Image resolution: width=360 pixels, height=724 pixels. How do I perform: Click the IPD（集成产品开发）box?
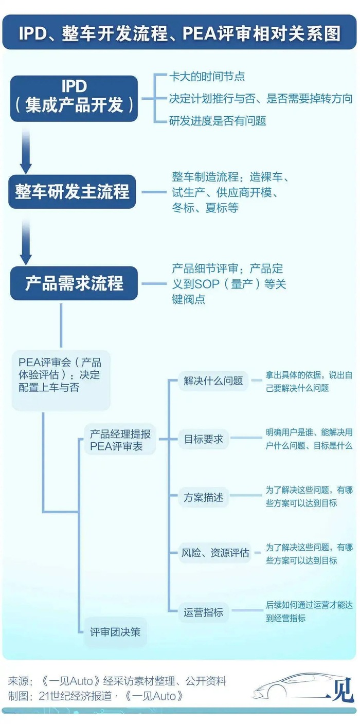click(x=74, y=99)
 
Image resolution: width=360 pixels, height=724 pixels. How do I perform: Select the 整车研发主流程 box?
click(x=72, y=192)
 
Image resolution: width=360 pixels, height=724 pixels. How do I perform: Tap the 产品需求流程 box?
click(x=74, y=283)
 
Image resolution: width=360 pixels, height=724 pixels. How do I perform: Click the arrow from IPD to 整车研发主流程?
click(x=26, y=151)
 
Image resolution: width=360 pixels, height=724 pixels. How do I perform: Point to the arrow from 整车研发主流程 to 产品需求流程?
click(x=26, y=242)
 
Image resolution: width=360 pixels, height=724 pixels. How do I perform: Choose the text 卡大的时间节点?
click(x=207, y=77)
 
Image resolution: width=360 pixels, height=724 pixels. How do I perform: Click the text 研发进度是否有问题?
click(x=218, y=121)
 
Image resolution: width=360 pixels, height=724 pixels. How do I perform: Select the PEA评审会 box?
click(x=61, y=380)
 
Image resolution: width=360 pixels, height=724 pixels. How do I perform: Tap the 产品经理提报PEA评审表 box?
click(x=120, y=440)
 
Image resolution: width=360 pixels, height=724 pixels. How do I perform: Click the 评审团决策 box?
click(x=115, y=632)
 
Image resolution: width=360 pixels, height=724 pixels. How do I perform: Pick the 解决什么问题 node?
click(x=213, y=381)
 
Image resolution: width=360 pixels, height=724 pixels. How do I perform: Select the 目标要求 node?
click(x=204, y=439)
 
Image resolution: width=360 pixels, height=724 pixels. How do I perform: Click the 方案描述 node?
click(x=204, y=497)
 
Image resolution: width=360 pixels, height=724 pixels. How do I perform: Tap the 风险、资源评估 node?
click(x=215, y=553)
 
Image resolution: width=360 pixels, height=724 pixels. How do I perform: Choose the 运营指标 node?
click(x=204, y=612)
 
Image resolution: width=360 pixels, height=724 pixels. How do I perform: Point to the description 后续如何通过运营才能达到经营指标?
click(x=309, y=611)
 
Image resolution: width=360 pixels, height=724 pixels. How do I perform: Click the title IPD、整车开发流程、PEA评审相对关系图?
click(x=179, y=33)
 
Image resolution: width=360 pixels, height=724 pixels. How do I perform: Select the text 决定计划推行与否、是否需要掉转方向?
click(x=261, y=99)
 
